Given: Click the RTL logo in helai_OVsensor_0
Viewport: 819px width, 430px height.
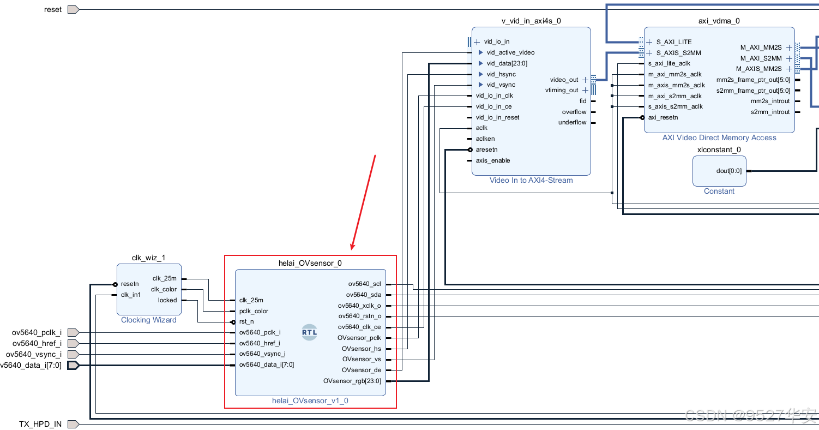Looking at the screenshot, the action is point(309,332).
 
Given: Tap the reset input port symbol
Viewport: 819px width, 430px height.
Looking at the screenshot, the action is point(73,9).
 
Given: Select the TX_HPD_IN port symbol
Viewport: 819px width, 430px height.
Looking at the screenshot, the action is point(73,424).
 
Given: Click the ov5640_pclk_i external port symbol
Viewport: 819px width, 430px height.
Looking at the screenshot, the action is point(73,332).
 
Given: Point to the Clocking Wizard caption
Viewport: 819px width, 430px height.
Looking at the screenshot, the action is point(148,320).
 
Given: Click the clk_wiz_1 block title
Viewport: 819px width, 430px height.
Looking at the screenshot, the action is point(148,258).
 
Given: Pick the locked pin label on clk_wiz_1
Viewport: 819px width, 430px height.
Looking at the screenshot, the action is point(167,300).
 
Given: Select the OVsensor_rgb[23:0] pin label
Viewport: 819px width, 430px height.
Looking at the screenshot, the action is point(352,381).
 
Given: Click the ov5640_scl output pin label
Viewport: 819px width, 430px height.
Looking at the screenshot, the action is point(365,284).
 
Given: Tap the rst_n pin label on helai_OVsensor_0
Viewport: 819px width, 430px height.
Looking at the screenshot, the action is point(246,321).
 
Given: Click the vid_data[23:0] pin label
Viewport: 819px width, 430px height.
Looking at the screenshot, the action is point(507,63).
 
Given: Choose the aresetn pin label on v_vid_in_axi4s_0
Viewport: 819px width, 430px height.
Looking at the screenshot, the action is point(486,150).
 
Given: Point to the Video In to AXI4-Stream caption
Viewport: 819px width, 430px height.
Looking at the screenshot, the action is point(531,180).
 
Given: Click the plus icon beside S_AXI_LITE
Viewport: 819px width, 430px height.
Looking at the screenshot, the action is point(649,42).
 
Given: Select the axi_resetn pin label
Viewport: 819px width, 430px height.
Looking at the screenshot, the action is point(663,117).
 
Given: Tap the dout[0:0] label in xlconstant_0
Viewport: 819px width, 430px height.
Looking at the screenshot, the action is point(728,171).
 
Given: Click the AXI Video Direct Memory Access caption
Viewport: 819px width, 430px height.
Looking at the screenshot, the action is point(719,138).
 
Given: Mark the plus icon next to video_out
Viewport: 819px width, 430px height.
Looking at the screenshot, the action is point(585,80).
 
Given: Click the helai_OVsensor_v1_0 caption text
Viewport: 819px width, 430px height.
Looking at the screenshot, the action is point(310,401).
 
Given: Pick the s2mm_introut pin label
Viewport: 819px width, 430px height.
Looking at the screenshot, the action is point(770,112).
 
